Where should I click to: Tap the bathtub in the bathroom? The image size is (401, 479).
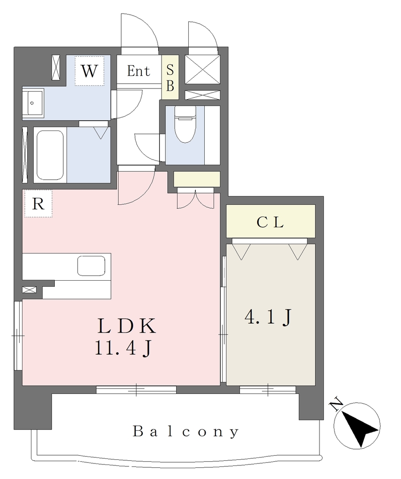pos(50,155)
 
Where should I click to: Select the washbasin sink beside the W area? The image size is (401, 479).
pos(33,102)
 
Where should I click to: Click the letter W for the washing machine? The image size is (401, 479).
pos(89,71)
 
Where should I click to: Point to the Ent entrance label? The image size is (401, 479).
pos(139,71)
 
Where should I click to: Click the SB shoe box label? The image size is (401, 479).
pos(170,78)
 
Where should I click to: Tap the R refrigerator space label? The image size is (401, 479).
pos(38,203)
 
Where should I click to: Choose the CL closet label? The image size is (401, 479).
pos(270,222)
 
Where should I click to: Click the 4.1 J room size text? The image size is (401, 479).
pos(268,318)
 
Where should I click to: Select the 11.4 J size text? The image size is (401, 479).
pos(124,348)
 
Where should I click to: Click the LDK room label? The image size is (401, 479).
pos(126,326)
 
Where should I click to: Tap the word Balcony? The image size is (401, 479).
pos(186,432)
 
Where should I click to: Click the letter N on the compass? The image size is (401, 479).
pos(336,404)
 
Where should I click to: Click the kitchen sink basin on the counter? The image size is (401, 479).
pos(91,266)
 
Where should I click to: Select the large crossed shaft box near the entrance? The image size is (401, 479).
pos(202,69)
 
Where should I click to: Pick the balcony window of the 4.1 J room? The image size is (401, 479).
pos(267,390)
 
